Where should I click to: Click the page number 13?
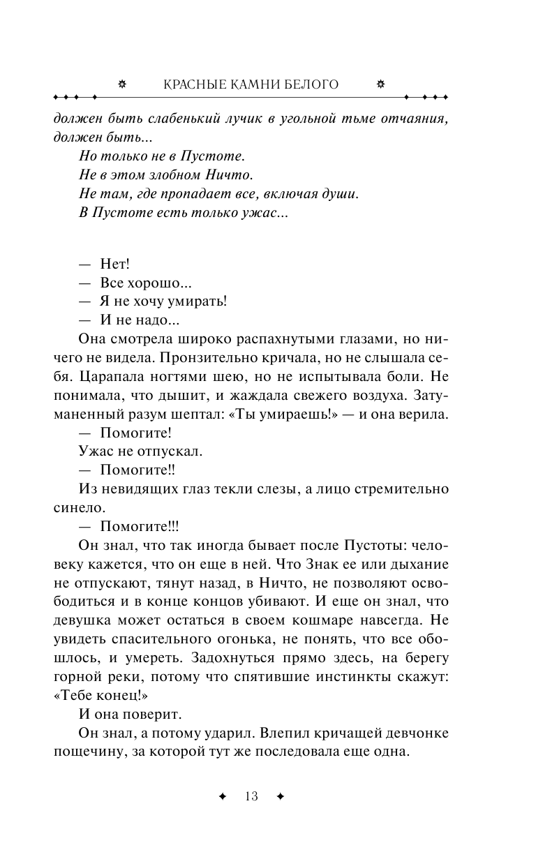coord(251,796)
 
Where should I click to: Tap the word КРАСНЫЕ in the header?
coord(192,84)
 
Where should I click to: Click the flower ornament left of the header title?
coord(123,84)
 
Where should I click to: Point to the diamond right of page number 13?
coord(280,796)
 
